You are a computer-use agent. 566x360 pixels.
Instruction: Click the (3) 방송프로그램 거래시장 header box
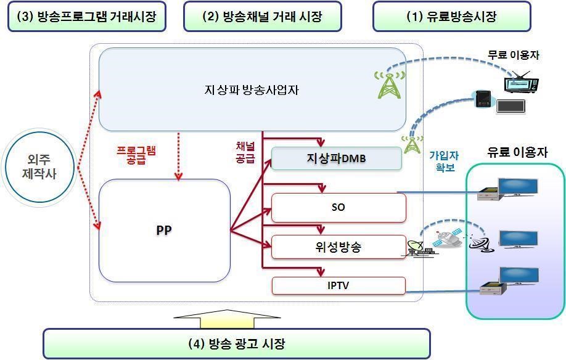[87, 17]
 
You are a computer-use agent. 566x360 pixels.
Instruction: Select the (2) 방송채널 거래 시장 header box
[262, 17]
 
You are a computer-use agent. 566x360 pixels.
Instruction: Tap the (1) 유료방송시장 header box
[451, 17]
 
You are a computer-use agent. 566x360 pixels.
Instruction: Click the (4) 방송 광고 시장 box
[236, 343]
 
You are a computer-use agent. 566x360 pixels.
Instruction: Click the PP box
[164, 231]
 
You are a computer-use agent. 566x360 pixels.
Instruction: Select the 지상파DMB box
[336, 158]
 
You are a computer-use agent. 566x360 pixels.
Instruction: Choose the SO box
[338, 208]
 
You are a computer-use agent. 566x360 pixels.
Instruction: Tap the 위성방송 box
[338, 247]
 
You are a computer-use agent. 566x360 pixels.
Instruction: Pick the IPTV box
[338, 285]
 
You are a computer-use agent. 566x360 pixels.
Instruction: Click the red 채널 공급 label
[245, 152]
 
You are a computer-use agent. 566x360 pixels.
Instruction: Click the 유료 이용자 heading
[517, 152]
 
